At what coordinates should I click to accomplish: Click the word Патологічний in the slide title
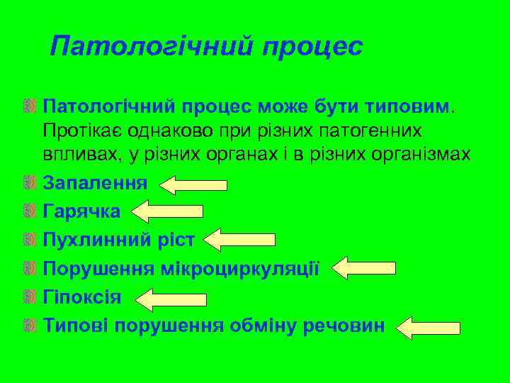pos(150,47)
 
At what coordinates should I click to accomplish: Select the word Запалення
pos(95,183)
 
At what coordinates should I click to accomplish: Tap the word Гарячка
pos(81,211)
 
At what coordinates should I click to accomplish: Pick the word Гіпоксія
pos(81,297)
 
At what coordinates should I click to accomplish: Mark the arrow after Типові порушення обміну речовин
pos(427,328)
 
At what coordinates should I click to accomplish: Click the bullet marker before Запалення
pos(30,184)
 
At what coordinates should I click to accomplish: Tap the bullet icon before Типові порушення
pos(30,326)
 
